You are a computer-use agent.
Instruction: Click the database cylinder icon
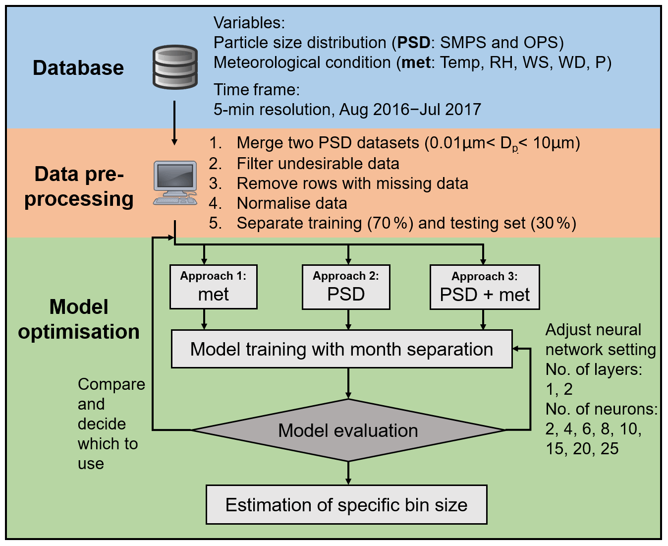pyautogui.click(x=175, y=67)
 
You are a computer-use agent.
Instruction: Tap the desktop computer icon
pyautogui.click(x=175, y=182)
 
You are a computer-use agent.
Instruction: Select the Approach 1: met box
pyautogui.click(x=214, y=287)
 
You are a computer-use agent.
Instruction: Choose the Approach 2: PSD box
pyautogui.click(x=346, y=287)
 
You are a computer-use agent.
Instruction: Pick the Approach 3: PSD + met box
pyautogui.click(x=485, y=287)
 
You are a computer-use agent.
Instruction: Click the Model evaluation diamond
pyautogui.click(x=348, y=430)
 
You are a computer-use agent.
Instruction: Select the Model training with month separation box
pyautogui.click(x=342, y=349)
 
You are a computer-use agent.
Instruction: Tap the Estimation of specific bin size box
pyautogui.click(x=346, y=505)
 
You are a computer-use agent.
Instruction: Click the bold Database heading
pyautogui.click(x=78, y=68)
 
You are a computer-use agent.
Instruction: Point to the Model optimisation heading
pyautogui.click(x=79, y=319)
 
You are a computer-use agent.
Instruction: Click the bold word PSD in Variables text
pyautogui.click(x=414, y=43)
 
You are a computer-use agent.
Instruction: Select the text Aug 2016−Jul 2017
pyautogui.click(x=410, y=110)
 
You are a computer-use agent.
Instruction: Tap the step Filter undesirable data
pyautogui.click(x=318, y=164)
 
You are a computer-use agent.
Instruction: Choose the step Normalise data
pyautogui.click(x=292, y=203)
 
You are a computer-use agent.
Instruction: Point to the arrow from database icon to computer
pyautogui.click(x=174, y=123)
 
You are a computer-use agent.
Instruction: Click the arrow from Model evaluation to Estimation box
pyautogui.click(x=348, y=473)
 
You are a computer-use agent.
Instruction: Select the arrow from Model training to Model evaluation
pyautogui.click(x=348, y=383)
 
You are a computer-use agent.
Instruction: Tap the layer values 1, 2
pyautogui.click(x=559, y=389)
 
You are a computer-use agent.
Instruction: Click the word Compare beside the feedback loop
pyautogui.click(x=111, y=384)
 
